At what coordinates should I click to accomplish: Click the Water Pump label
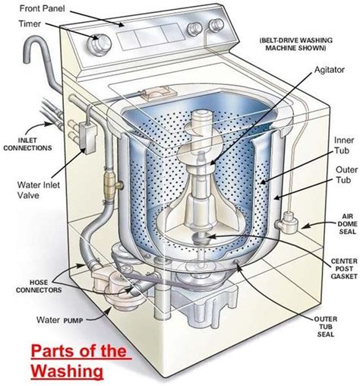[58, 318]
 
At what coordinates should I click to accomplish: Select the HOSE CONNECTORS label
[32, 265]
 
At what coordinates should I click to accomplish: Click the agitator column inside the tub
[203, 175]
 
